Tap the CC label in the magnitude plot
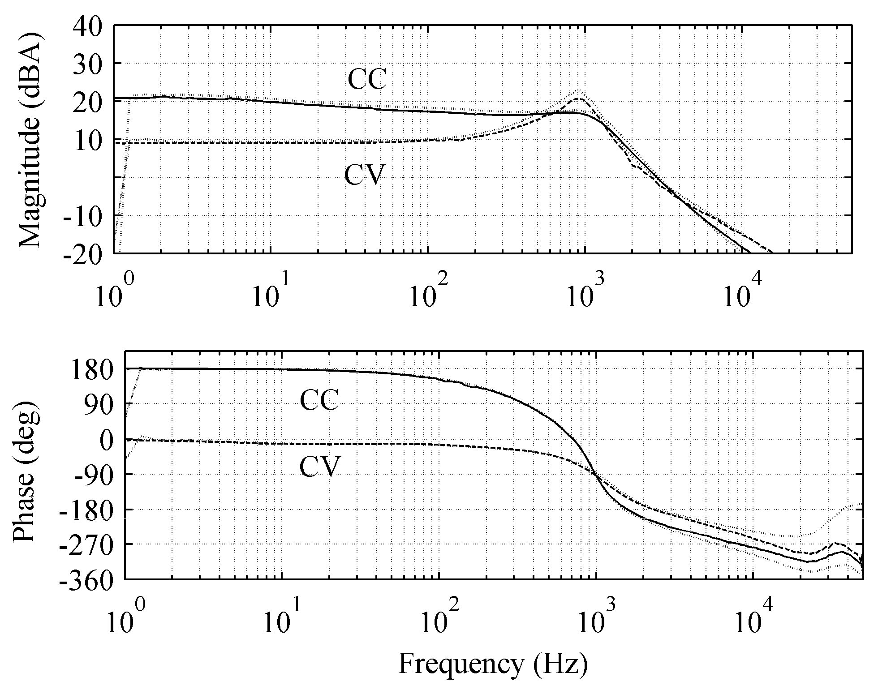coord(367,80)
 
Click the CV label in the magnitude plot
coord(364,175)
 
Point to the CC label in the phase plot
coord(319,400)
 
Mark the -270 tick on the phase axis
coord(91,544)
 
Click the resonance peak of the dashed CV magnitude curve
coord(578,99)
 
